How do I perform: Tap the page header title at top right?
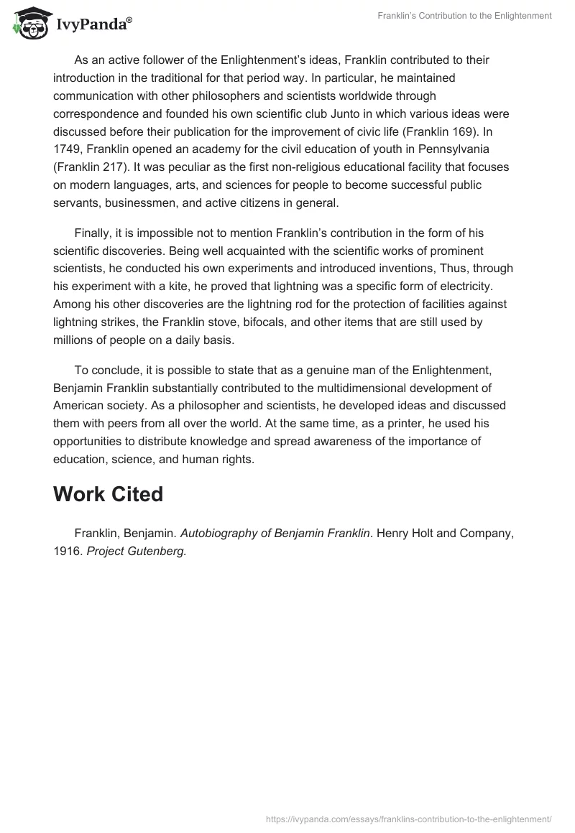tap(464, 16)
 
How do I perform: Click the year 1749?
tap(68, 149)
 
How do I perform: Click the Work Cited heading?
tap(108, 494)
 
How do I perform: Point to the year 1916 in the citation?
tap(67, 552)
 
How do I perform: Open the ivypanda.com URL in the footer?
tap(408, 817)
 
